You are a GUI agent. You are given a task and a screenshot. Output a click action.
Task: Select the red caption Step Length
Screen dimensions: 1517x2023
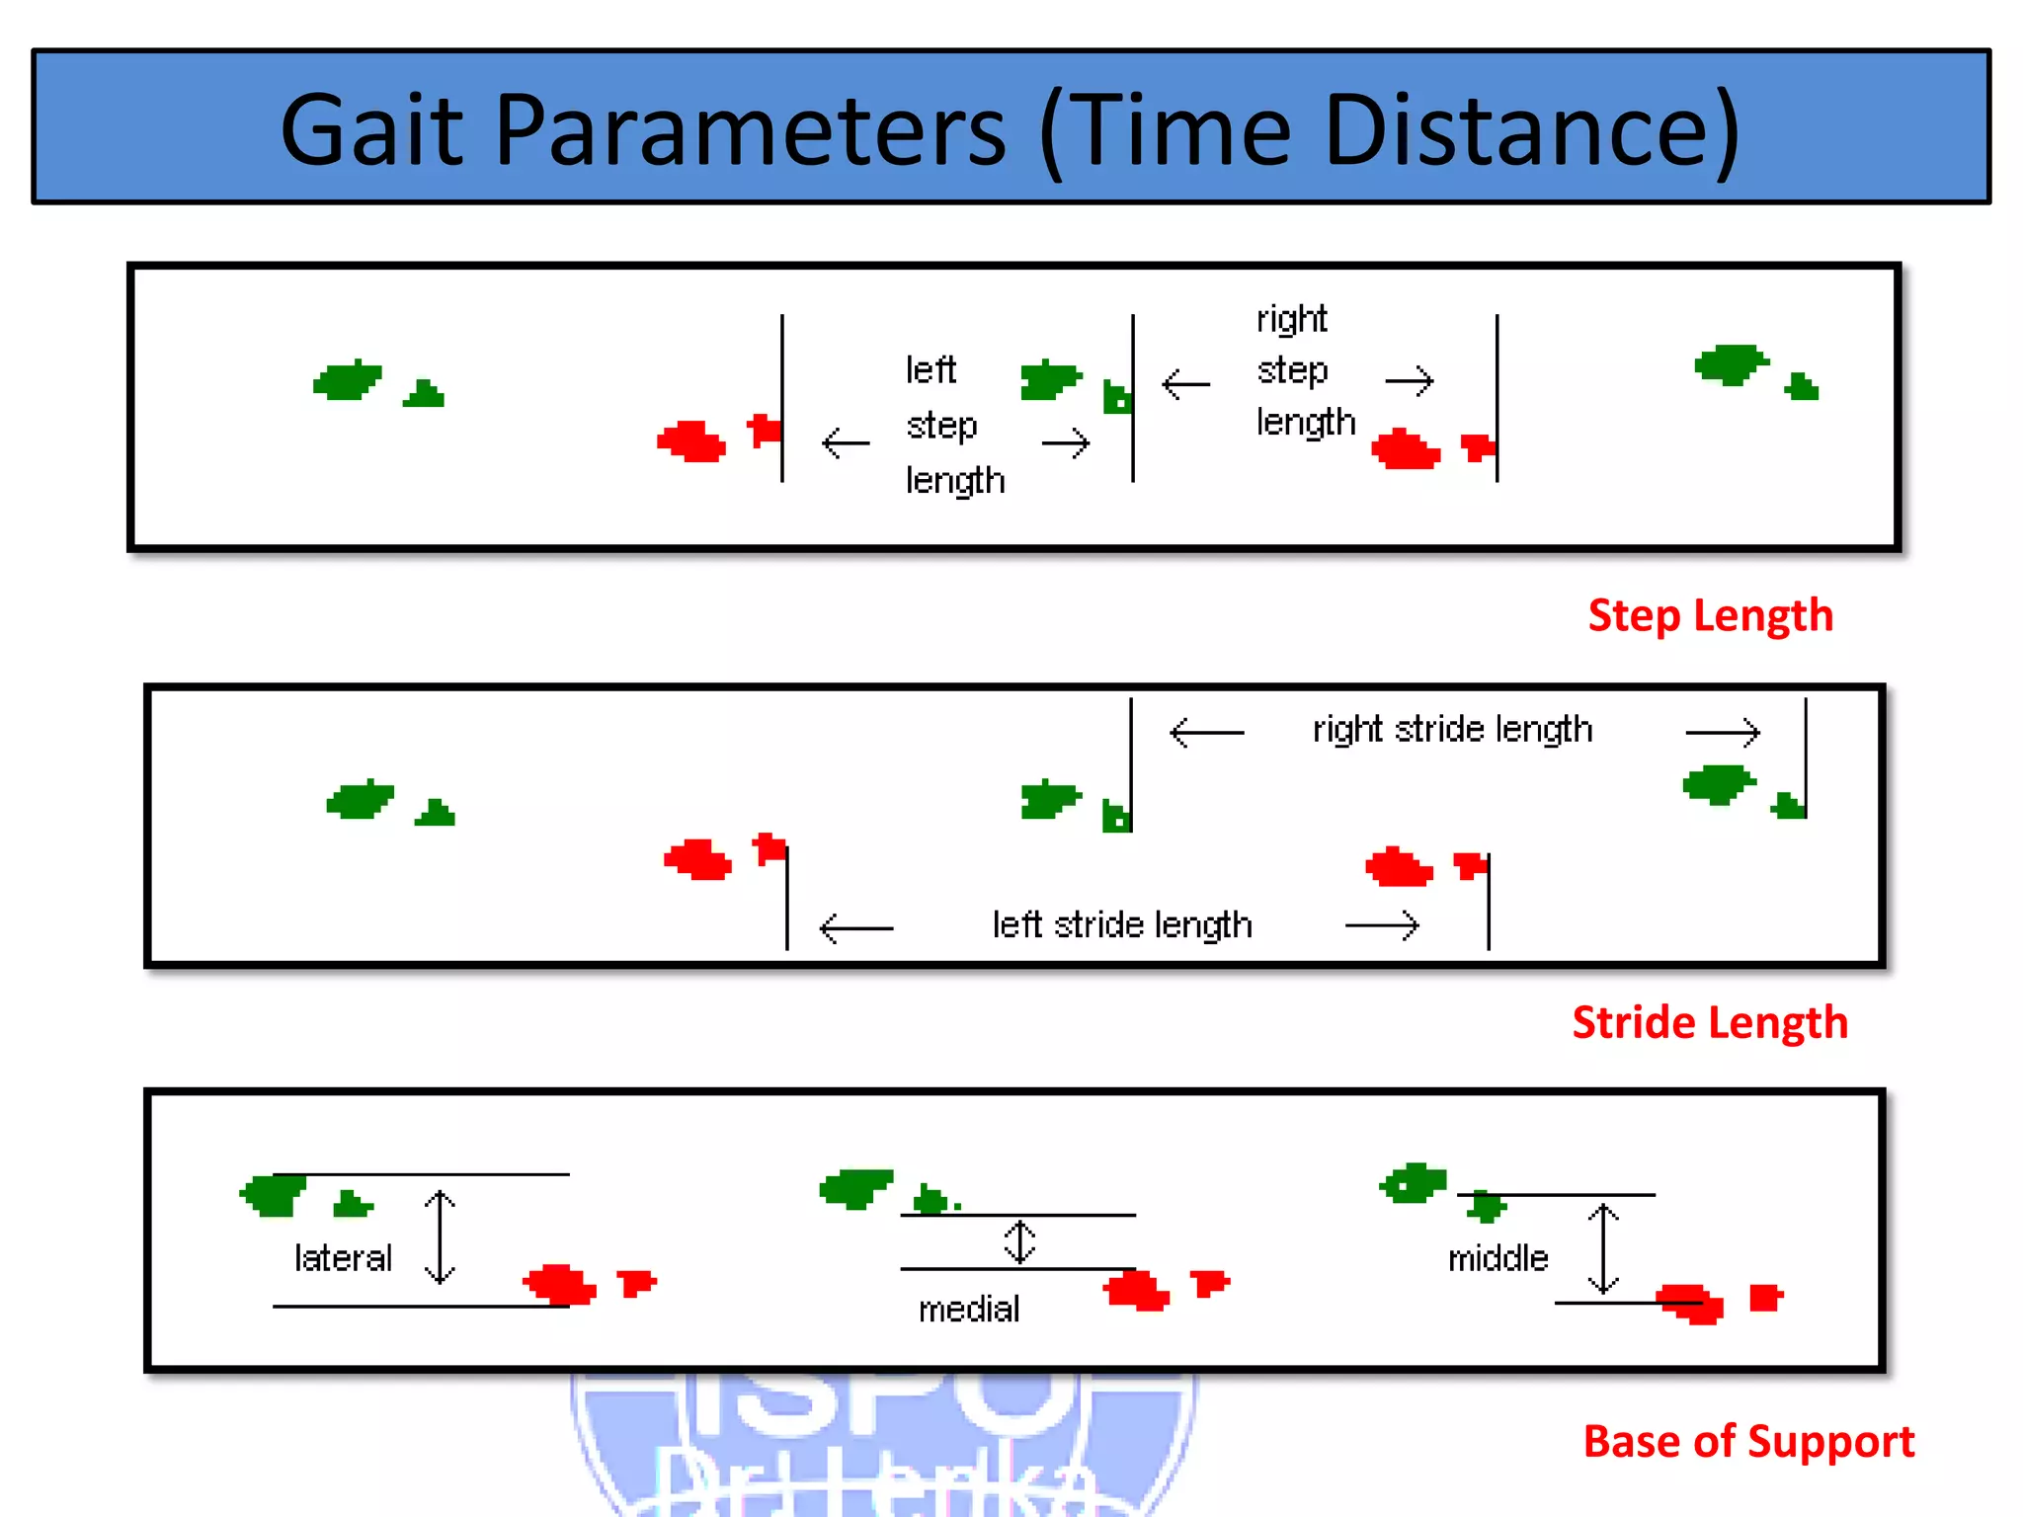coord(1710,615)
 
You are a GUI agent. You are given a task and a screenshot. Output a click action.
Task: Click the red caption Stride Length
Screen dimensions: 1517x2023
coord(1709,1022)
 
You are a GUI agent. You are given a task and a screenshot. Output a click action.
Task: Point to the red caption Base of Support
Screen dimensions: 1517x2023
coord(1748,1442)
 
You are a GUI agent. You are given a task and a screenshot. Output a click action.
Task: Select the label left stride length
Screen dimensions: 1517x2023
coord(1122,925)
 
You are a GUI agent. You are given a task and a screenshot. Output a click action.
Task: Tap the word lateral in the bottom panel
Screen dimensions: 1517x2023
coord(343,1258)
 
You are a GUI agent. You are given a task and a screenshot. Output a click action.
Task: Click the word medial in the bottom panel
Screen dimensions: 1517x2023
coord(968,1310)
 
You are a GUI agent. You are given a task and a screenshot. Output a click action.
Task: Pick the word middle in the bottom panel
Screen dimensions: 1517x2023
coord(1497,1259)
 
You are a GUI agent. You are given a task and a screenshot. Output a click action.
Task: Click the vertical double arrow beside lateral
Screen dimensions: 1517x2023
coord(440,1237)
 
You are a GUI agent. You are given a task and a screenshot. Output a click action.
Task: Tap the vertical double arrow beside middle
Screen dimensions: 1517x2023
coord(1602,1248)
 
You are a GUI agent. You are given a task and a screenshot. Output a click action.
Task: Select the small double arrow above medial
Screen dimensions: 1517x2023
coord(1019,1241)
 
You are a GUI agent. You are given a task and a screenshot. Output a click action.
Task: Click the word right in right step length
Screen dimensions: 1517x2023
coord(1291,320)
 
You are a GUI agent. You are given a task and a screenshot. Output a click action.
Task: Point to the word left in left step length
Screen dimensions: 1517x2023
coord(931,370)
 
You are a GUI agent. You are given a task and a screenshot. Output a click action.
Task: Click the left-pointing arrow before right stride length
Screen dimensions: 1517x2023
coord(1206,733)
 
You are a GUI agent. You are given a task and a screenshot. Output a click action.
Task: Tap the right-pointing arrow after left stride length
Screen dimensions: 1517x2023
coord(1382,925)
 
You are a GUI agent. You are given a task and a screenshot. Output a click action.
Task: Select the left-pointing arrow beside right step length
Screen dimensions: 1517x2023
coord(1185,383)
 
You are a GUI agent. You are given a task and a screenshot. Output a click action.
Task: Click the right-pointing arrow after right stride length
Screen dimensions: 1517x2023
coord(1723,733)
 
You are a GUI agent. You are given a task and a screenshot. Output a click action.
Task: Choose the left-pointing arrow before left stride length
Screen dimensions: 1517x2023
coord(855,928)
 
